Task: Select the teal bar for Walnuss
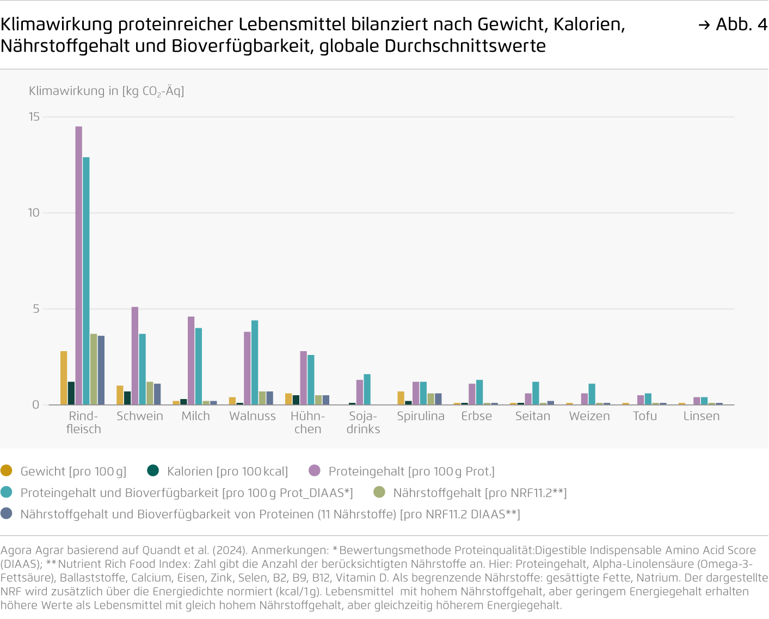click(x=255, y=363)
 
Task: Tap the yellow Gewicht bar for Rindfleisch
click(x=64, y=378)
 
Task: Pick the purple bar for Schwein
click(x=135, y=356)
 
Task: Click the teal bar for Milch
click(x=199, y=366)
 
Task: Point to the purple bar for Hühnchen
click(x=304, y=378)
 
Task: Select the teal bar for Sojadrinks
click(x=367, y=389)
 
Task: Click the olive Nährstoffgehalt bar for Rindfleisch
click(x=94, y=369)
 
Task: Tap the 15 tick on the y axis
click(x=34, y=117)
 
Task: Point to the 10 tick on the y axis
click(x=34, y=213)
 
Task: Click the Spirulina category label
click(x=421, y=416)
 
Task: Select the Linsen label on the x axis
click(x=702, y=416)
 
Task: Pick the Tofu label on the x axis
click(x=645, y=416)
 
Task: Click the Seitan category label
click(x=533, y=416)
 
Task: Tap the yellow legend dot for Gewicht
click(x=7, y=470)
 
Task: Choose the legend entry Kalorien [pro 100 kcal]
click(x=227, y=471)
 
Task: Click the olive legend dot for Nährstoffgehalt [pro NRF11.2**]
click(x=379, y=492)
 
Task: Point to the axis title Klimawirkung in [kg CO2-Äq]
click(x=107, y=91)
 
